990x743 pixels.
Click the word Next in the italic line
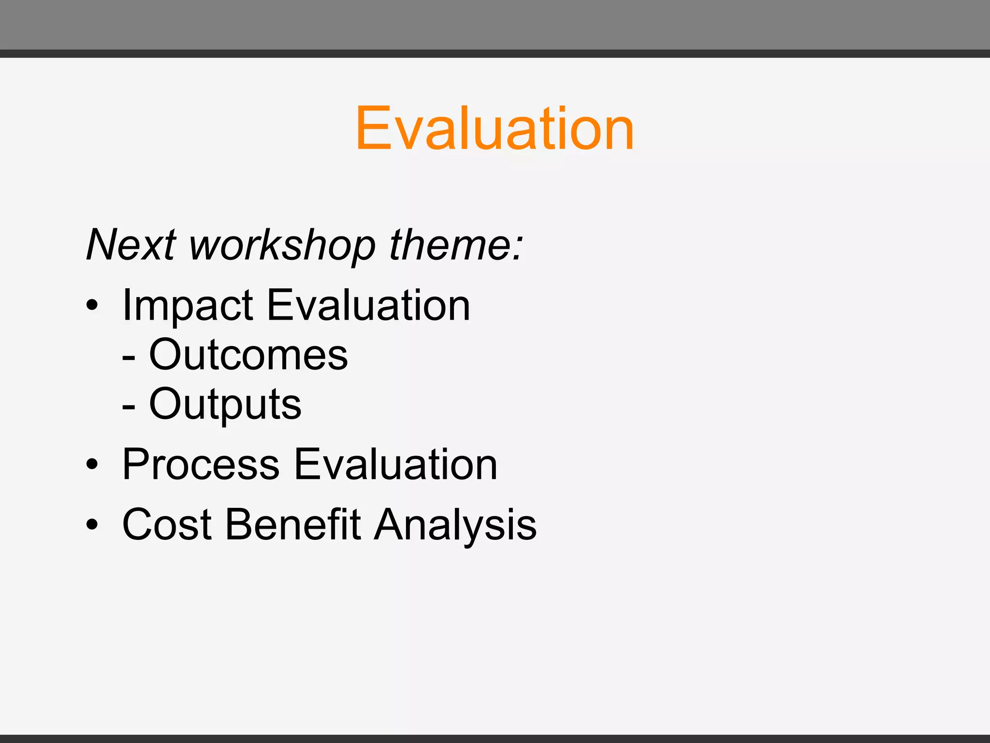point(131,245)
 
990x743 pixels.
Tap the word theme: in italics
point(456,245)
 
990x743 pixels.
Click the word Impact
point(188,306)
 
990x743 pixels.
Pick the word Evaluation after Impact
point(368,305)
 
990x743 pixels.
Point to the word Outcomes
point(248,355)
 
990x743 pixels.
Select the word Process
point(201,464)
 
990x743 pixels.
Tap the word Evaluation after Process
point(395,464)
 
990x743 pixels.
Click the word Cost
point(167,524)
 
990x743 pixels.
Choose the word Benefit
point(293,524)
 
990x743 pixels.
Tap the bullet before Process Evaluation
point(92,465)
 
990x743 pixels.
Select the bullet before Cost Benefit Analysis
point(92,525)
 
